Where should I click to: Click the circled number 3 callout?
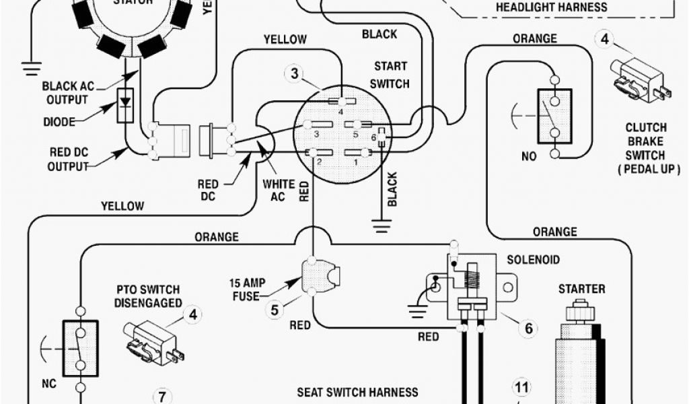coord(294,73)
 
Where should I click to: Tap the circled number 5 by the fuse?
coord(275,310)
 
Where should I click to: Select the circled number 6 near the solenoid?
coord(529,328)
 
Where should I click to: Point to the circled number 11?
coord(522,387)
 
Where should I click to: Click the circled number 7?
coord(161,396)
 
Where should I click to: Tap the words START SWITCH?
coord(391,75)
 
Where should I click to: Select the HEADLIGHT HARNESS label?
coord(551,8)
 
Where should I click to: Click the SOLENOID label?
coord(534,259)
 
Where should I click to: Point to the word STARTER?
coord(581,289)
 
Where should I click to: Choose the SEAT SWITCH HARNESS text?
coord(357,392)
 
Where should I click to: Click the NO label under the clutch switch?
coord(530,156)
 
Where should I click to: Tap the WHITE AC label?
coord(279,190)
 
